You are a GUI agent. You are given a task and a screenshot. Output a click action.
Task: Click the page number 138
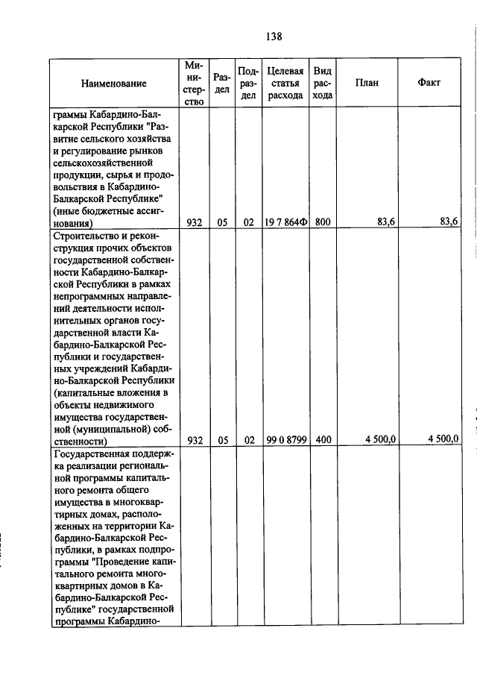coord(274,36)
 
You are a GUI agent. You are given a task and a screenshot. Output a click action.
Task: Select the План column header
coord(367,83)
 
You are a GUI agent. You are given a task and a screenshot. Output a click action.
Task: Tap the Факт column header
coord(430,83)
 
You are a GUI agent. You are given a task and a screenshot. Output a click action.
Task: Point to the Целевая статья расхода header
coord(285,83)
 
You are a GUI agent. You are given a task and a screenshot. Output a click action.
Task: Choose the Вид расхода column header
coord(322,83)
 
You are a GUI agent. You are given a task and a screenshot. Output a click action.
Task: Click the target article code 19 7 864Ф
coord(285,222)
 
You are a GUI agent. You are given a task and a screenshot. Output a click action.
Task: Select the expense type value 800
coord(322,222)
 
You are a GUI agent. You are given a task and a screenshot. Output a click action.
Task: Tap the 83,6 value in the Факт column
coord(449,222)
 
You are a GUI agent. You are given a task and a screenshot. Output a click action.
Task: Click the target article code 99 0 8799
coord(285,440)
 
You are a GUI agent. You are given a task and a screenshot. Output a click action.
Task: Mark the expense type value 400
coord(322,440)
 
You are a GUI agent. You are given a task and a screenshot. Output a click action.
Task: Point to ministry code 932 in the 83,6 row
coord(194,222)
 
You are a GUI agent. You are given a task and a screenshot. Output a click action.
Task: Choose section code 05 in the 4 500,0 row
coord(222,440)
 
